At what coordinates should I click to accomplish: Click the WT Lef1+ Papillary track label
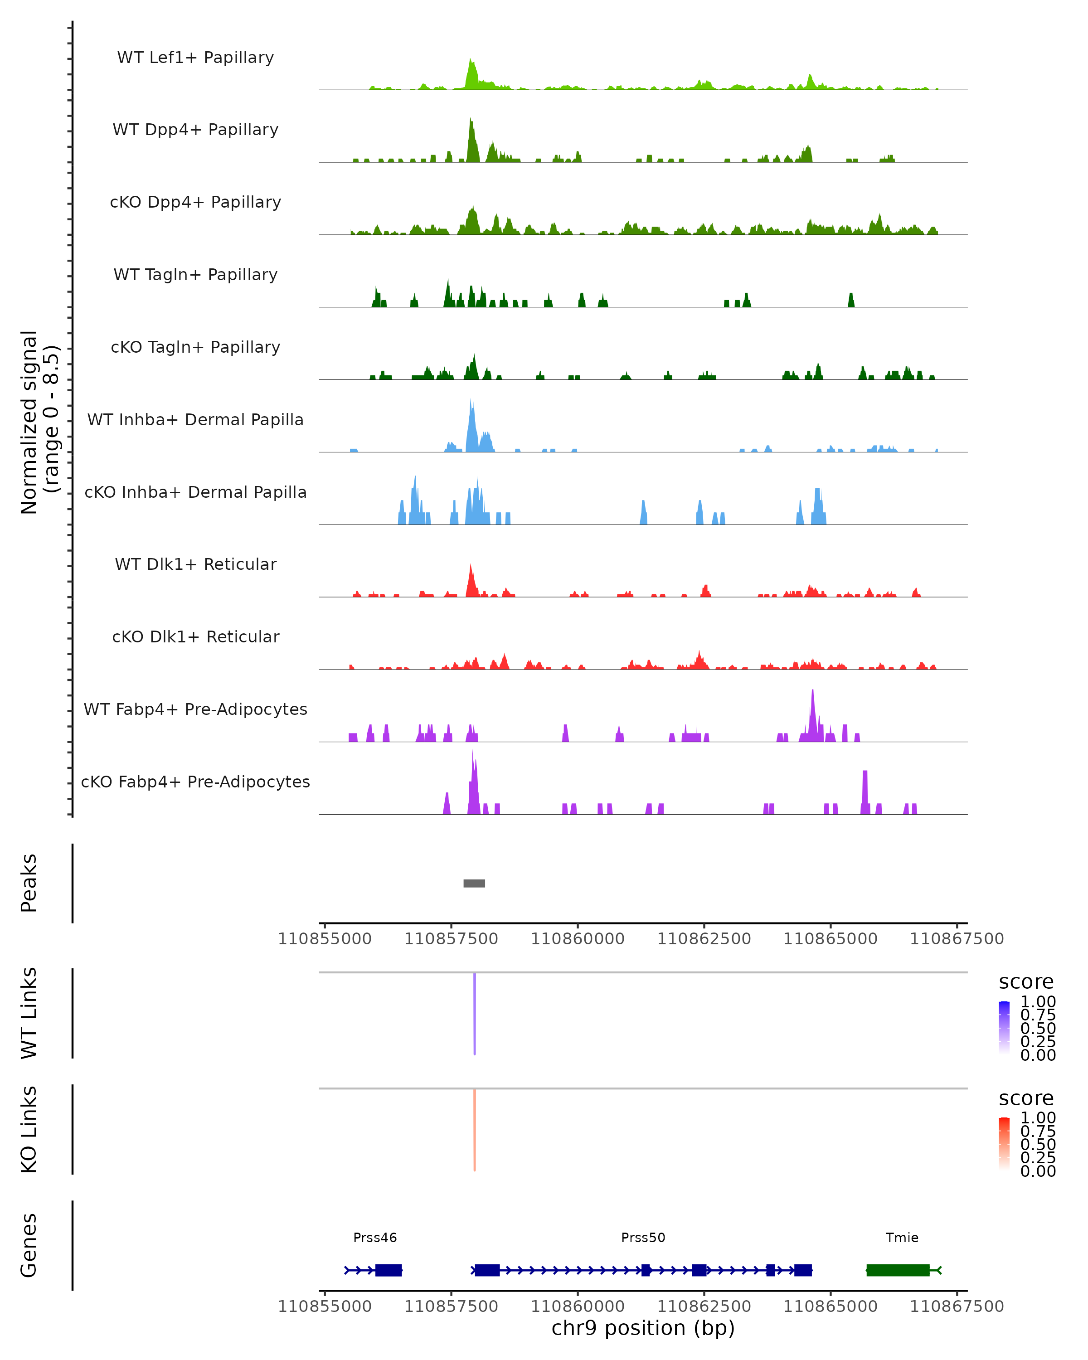pos(195,58)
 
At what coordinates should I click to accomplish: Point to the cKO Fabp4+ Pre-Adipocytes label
pos(195,782)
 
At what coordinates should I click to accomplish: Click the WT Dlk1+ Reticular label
pos(195,564)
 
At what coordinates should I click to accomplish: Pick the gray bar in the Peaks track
pos(474,883)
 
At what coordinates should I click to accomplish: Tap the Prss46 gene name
pos(375,1237)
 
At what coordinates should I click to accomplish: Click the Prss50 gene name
pos(643,1237)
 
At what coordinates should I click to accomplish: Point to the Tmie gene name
pos(902,1237)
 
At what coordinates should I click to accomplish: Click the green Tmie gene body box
pos(898,1270)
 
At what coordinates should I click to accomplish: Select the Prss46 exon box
pos(389,1270)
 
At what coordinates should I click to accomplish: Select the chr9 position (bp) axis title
pos(643,1328)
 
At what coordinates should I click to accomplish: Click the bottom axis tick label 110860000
pos(578,1307)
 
